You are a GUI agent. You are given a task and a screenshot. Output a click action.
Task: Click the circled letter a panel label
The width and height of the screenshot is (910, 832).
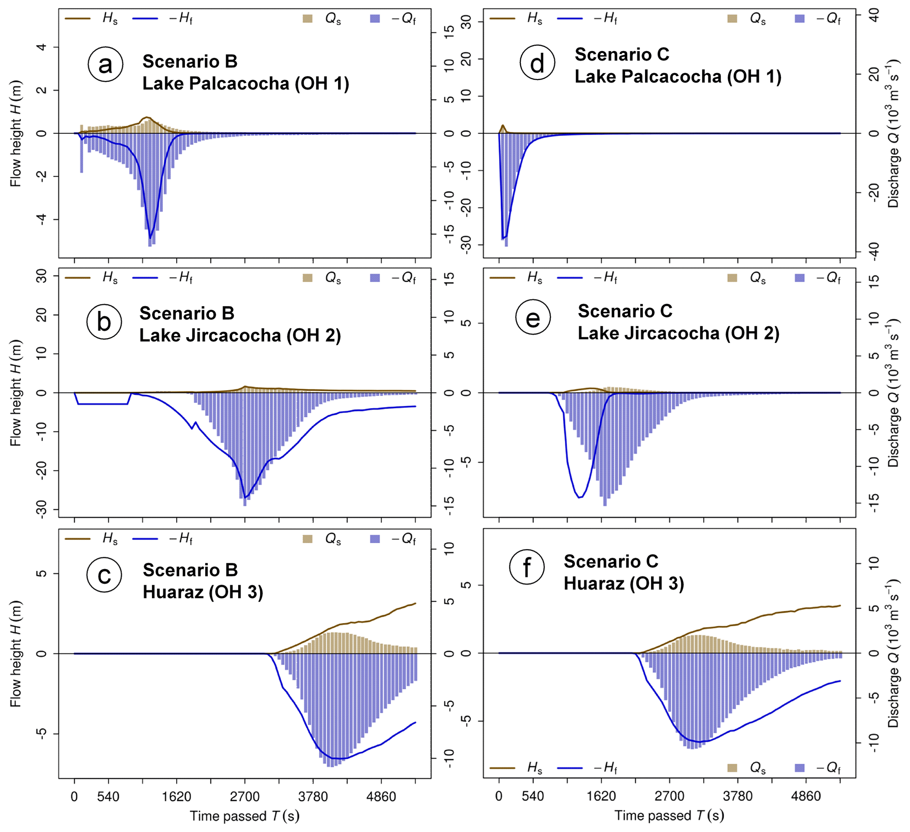click(105, 65)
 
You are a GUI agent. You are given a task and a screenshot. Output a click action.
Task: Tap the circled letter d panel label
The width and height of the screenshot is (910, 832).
click(537, 63)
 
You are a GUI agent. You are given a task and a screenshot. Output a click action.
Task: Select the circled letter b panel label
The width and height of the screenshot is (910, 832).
click(104, 322)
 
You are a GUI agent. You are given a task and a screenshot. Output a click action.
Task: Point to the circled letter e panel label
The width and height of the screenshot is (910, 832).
click(533, 318)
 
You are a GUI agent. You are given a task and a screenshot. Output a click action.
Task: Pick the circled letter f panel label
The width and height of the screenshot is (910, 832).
click(527, 567)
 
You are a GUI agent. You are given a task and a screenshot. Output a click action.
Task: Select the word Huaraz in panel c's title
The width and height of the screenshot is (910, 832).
click(173, 592)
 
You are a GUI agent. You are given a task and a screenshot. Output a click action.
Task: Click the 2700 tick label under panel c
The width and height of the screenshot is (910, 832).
click(245, 797)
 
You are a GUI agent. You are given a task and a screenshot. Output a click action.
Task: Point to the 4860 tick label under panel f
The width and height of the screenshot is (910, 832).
click(806, 796)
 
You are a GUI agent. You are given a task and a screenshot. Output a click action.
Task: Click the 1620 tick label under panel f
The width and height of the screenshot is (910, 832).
click(601, 796)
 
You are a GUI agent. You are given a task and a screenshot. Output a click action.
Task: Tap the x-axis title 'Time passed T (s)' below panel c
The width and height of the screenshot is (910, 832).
click(245, 816)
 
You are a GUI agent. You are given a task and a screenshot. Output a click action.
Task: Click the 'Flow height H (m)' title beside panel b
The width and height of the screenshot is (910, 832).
click(16, 392)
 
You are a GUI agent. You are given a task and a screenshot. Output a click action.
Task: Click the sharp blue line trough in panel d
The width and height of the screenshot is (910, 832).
click(503, 238)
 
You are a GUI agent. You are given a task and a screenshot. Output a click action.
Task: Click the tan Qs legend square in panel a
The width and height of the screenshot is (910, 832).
click(307, 19)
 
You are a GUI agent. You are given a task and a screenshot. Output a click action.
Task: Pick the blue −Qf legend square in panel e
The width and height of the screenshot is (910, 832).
click(799, 278)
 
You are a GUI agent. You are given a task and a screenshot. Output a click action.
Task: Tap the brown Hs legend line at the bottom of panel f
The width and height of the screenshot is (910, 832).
click(502, 767)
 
